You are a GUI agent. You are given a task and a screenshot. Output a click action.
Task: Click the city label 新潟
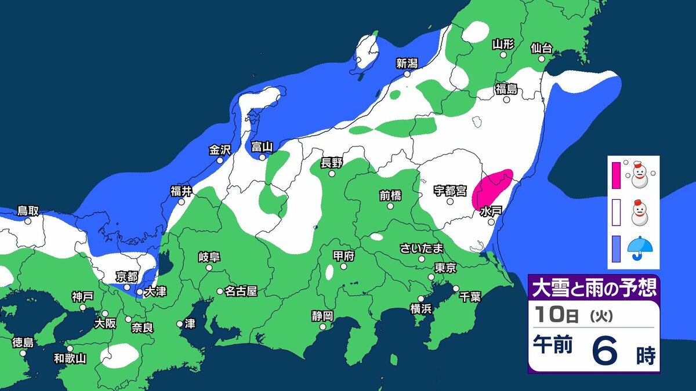(408, 63)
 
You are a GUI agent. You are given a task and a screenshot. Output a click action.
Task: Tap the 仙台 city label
(541, 48)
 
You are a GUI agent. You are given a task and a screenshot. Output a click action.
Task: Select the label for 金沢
(220, 150)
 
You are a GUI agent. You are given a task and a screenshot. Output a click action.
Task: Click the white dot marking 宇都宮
(450, 202)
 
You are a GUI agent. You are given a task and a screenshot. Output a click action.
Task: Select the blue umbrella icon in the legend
(640, 249)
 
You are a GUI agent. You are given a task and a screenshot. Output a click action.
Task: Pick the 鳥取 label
(28, 211)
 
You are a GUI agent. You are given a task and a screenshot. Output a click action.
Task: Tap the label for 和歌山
(70, 359)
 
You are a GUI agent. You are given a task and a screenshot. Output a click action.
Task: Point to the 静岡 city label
(322, 316)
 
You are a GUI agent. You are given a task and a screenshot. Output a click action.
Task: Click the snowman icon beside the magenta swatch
(640, 174)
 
